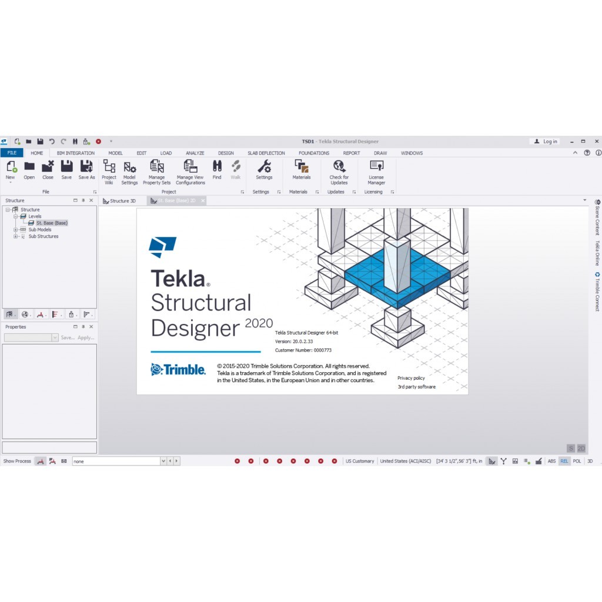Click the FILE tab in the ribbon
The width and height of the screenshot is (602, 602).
(12, 153)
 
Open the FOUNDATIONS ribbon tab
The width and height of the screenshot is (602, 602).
(314, 153)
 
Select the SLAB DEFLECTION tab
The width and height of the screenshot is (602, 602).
(266, 153)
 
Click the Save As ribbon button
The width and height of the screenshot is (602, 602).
(86, 170)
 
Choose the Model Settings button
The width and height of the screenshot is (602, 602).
(129, 173)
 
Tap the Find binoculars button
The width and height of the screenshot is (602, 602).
(217, 170)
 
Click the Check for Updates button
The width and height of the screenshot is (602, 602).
(339, 173)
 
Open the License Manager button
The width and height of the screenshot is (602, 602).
(376, 173)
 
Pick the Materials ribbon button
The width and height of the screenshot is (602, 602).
(302, 170)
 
